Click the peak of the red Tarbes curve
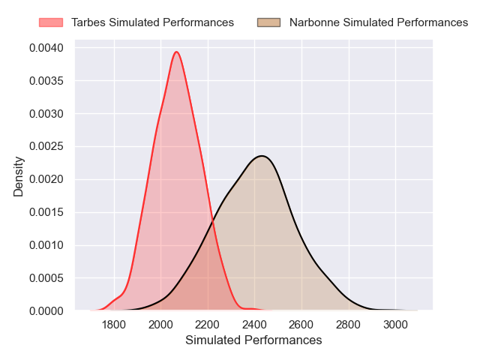pyautogui.click(x=176, y=52)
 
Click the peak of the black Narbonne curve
pyautogui.click(x=262, y=156)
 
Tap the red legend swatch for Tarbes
pyautogui.click(x=52, y=22)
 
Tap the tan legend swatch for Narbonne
pyautogui.click(x=268, y=22)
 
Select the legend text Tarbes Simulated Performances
pyautogui.click(x=152, y=22)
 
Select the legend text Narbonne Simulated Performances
pyautogui.click(x=379, y=22)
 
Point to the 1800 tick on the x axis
pyautogui.click(x=114, y=325)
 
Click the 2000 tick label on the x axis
pyautogui.click(x=160, y=325)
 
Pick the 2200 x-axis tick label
pyautogui.click(x=208, y=325)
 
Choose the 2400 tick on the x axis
pyautogui.click(x=254, y=325)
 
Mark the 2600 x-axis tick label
pyautogui.click(x=301, y=325)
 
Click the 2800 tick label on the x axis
pyautogui.click(x=348, y=325)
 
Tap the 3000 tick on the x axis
pyautogui.click(x=395, y=325)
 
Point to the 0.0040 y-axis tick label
pyautogui.click(x=47, y=48)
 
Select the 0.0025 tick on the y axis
pyautogui.click(x=47, y=147)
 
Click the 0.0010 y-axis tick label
pyautogui.click(x=47, y=245)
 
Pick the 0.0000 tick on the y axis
pyautogui.click(x=47, y=310)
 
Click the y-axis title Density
pyautogui.click(x=19, y=177)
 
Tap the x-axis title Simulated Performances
pyautogui.click(x=253, y=340)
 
